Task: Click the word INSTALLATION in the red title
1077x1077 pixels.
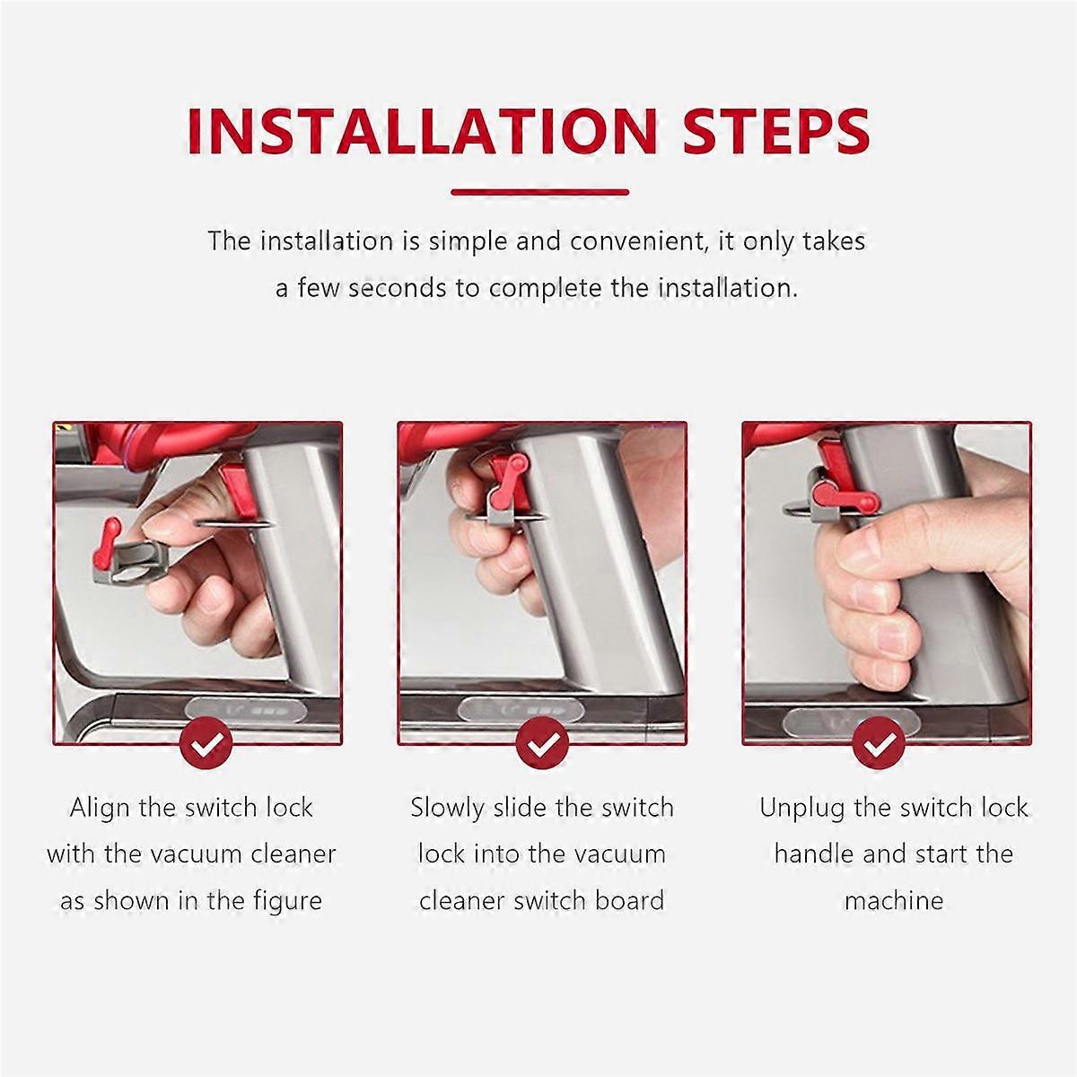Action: pos(422,131)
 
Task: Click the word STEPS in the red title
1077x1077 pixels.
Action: pos(776,131)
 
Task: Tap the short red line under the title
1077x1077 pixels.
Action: pos(540,192)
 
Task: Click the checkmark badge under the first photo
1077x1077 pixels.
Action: pos(206,743)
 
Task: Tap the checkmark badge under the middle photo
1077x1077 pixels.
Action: pos(542,743)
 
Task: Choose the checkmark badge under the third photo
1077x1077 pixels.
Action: pos(880,743)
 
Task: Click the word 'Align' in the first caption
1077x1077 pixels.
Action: pos(99,809)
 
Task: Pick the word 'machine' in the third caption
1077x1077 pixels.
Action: pos(894,901)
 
